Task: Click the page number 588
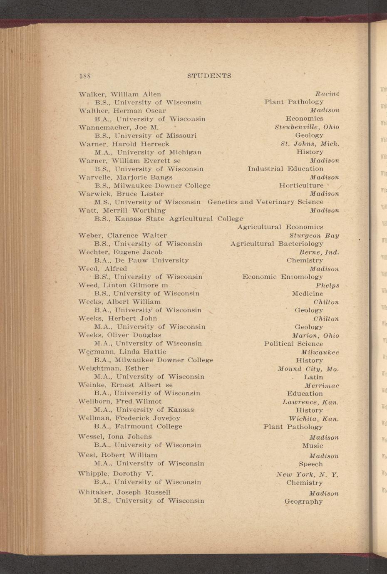(x=85, y=76)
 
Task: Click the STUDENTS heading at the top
(x=209, y=76)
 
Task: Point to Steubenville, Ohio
(x=307, y=127)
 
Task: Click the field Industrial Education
(x=285, y=169)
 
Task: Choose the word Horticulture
(x=301, y=186)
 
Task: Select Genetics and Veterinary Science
(x=265, y=202)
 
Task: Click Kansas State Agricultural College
(x=179, y=219)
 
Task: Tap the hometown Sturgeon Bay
(x=314, y=235)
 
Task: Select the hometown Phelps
(x=327, y=285)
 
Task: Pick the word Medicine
(x=307, y=294)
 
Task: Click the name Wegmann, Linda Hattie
(x=122, y=352)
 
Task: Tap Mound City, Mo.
(x=308, y=369)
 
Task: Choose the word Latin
(x=313, y=377)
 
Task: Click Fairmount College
(x=149, y=426)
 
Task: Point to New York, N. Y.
(x=307, y=475)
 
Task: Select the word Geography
(x=303, y=502)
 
